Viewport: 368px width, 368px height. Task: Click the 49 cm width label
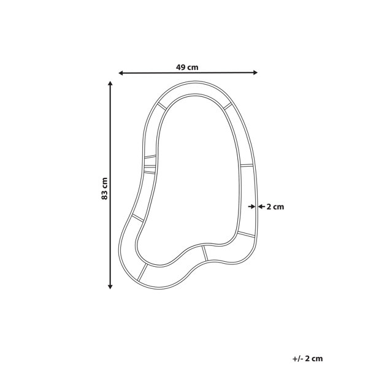(187, 67)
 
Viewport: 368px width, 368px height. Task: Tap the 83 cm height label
(104, 189)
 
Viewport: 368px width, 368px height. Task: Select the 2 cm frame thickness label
(275, 207)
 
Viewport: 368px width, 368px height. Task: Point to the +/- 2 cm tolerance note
(308, 359)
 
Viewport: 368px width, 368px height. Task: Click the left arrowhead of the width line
(121, 73)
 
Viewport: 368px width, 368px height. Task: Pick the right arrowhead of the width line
(256, 72)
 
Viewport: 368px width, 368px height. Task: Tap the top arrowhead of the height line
(110, 83)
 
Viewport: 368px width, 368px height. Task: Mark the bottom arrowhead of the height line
(110, 286)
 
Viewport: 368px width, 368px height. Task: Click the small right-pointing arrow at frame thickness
(251, 207)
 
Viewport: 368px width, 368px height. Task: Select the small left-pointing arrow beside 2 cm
(261, 207)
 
